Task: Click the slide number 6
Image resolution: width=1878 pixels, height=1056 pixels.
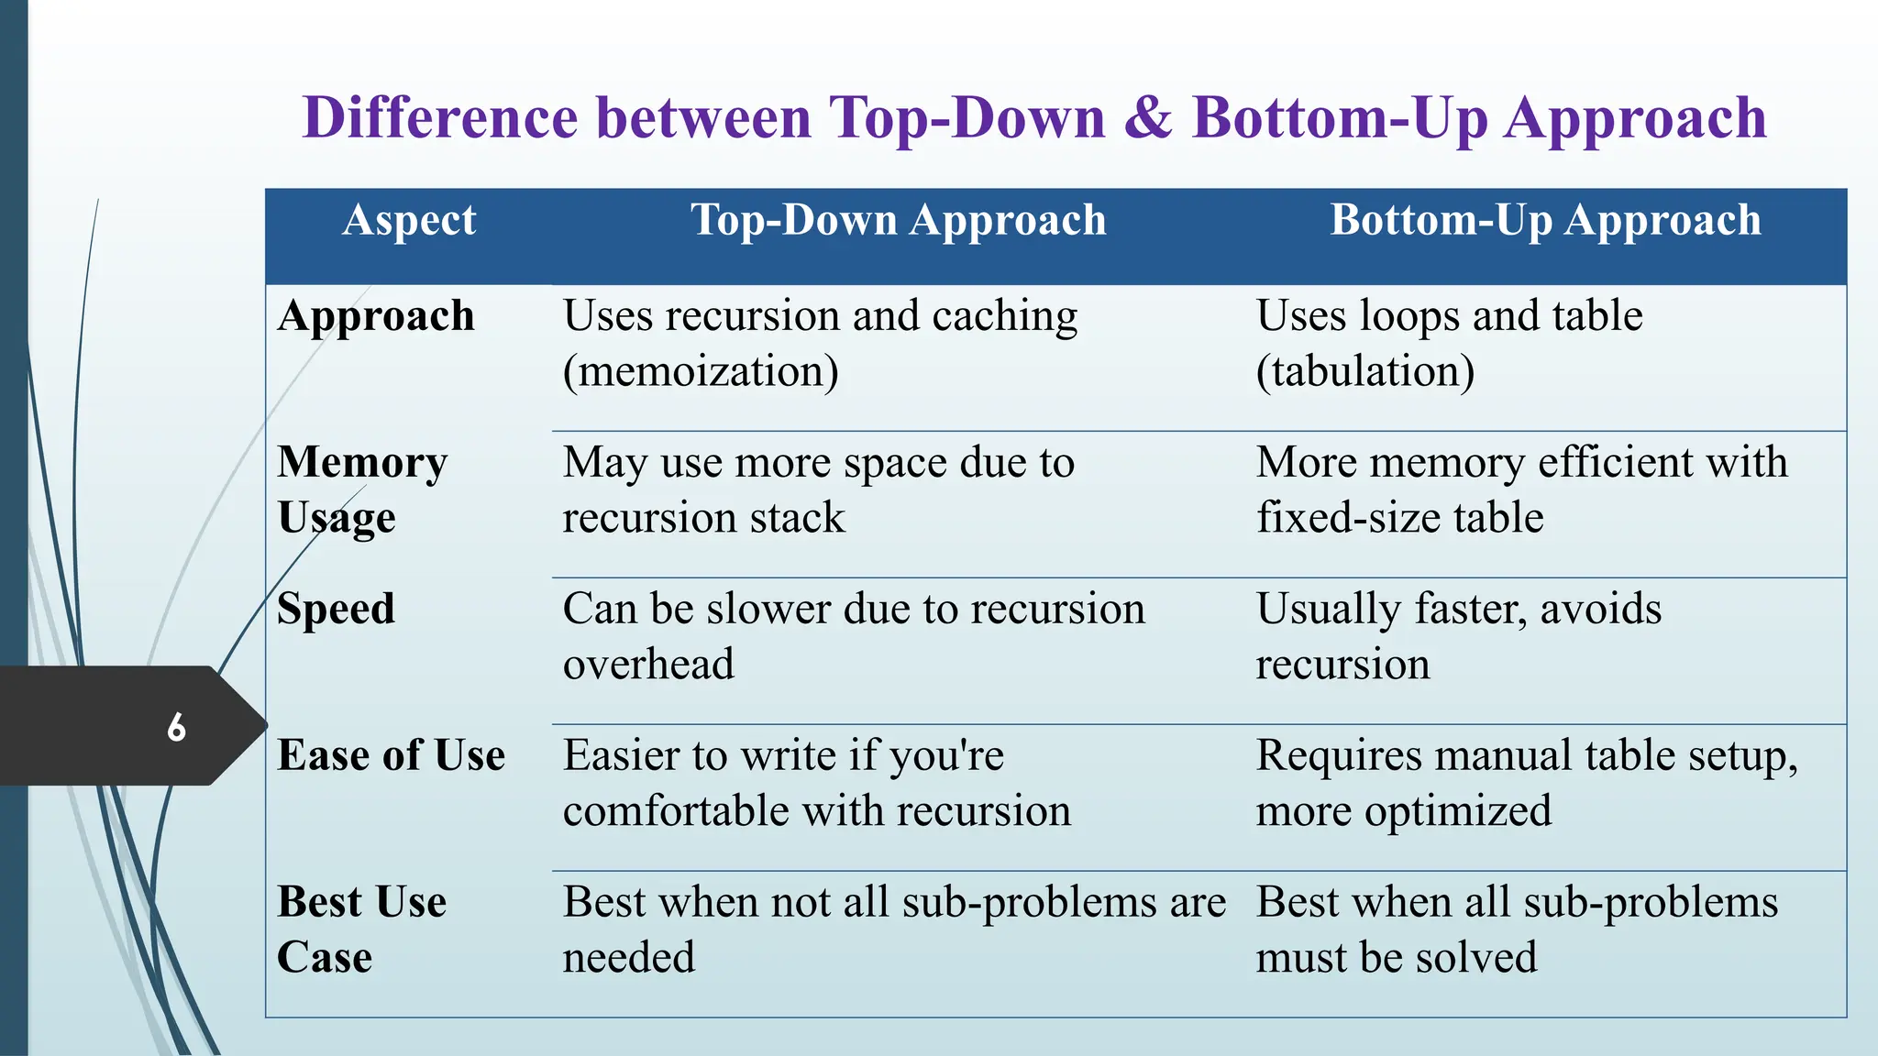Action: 176,728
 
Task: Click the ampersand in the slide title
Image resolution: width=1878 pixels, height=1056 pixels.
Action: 1147,119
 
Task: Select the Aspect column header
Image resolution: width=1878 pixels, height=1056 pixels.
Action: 409,220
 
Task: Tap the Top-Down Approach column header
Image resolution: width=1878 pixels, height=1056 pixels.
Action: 898,220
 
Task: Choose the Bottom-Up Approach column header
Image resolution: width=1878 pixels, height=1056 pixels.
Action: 1545,220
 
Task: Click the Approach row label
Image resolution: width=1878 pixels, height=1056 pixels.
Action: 376,316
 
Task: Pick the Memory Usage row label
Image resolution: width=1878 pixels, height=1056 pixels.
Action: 362,489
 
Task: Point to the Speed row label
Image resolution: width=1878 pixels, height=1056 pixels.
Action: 336,610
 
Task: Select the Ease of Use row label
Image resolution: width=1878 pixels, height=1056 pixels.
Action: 391,756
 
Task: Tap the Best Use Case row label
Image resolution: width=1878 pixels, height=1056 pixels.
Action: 361,929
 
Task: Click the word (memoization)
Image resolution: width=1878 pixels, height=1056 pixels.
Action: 701,372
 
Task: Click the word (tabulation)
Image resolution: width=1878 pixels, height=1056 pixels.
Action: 1364,372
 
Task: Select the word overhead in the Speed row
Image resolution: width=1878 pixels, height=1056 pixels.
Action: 648,665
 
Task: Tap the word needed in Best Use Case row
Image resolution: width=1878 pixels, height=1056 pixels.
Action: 629,958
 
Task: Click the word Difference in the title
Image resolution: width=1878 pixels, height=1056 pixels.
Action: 441,119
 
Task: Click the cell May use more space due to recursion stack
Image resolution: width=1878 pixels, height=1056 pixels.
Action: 818,489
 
